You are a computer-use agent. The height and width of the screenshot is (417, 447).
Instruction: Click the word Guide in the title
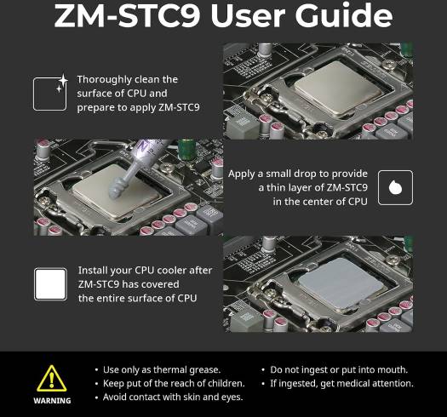click(344, 15)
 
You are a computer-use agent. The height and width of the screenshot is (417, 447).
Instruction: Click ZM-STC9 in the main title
click(127, 16)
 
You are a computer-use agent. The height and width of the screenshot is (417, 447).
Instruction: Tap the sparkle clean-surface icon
click(51, 93)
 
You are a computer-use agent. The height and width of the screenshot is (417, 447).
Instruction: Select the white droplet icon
click(395, 187)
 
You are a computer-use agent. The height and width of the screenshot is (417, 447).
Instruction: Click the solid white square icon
click(51, 284)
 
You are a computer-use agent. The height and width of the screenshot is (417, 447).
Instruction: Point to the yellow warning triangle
click(52, 379)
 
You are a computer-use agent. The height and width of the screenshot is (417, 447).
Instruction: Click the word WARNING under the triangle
click(52, 401)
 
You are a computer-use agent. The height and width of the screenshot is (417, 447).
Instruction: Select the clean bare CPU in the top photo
click(338, 89)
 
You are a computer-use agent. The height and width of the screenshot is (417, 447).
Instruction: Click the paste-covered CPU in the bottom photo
click(340, 283)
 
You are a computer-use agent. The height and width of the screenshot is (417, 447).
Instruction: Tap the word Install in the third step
click(90, 271)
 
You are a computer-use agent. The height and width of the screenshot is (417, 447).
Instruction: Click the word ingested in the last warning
click(298, 384)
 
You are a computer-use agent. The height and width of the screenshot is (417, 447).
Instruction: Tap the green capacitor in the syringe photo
click(186, 150)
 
